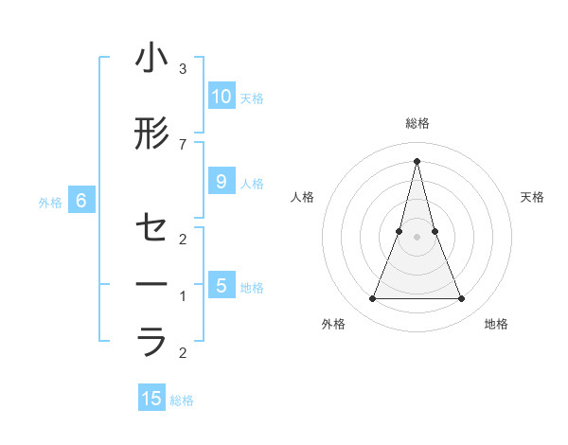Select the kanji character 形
[151, 134]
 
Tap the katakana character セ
[151, 228]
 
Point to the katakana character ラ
[151, 342]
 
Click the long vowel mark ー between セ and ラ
[151, 285]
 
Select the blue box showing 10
[222, 97]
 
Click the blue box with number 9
[222, 182]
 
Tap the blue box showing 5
[222, 286]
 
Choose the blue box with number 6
[81, 201]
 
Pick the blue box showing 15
[151, 399]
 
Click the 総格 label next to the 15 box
[182, 400]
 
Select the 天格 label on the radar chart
[533, 197]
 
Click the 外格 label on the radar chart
[333, 324]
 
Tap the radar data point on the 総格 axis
[417, 160]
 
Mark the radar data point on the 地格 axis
[462, 299]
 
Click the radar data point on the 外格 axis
[372, 299]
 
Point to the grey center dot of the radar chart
[417, 237]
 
